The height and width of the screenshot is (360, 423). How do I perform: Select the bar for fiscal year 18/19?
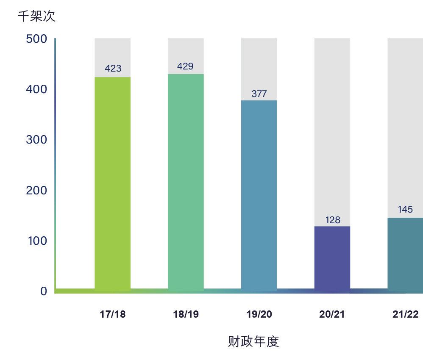click(x=186, y=182)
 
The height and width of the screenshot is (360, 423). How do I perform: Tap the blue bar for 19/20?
click(x=259, y=195)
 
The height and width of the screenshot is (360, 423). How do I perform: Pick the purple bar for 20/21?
click(x=332, y=258)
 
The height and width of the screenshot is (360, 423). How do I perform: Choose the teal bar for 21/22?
click(x=405, y=254)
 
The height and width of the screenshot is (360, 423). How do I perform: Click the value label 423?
click(x=113, y=68)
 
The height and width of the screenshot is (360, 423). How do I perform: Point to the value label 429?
click(x=185, y=66)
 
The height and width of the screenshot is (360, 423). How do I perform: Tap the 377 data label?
click(x=259, y=94)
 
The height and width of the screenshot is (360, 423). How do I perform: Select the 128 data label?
click(x=333, y=220)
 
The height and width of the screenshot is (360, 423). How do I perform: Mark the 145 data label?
click(x=405, y=209)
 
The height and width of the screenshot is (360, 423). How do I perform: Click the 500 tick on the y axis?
click(x=36, y=39)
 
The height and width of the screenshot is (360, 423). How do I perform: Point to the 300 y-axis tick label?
click(x=36, y=140)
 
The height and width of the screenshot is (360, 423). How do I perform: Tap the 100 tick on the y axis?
click(x=36, y=241)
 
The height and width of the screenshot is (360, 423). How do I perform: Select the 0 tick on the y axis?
click(x=44, y=291)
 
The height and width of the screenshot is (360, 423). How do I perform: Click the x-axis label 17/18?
click(x=113, y=314)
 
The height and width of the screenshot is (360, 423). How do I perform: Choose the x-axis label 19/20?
click(x=259, y=314)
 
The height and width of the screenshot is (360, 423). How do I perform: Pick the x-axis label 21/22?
click(x=405, y=314)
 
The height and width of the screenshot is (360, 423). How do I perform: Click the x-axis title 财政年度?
click(x=253, y=341)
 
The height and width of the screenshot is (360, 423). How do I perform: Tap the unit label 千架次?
click(x=36, y=16)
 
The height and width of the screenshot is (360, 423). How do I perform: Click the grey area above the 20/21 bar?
click(x=332, y=127)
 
